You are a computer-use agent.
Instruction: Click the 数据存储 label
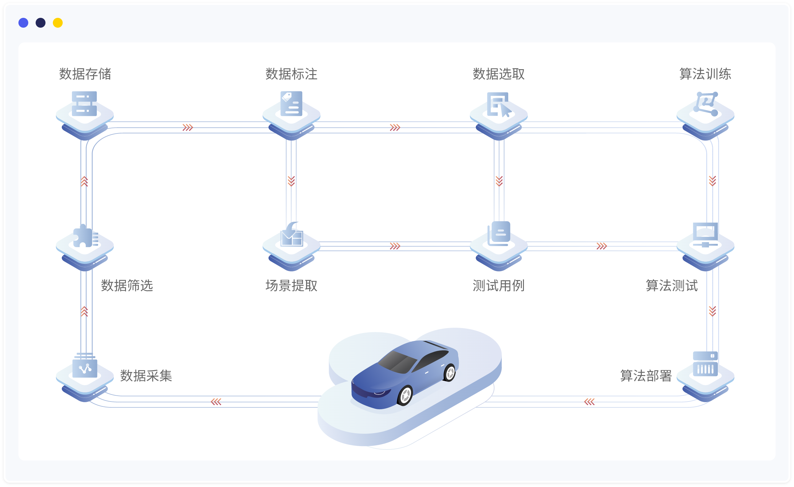(85, 74)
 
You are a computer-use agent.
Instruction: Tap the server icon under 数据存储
(85, 104)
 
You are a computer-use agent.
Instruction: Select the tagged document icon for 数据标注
(291, 104)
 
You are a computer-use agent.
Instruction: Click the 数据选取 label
(498, 74)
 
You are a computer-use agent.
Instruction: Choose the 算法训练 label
(705, 74)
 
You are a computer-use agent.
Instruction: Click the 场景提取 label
(291, 285)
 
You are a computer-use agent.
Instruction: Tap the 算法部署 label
(646, 376)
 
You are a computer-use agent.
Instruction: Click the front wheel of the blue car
(405, 395)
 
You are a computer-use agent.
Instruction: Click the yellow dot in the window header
(58, 23)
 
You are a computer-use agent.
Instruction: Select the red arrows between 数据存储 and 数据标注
(187, 127)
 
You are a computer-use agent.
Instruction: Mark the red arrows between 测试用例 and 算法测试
(602, 246)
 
